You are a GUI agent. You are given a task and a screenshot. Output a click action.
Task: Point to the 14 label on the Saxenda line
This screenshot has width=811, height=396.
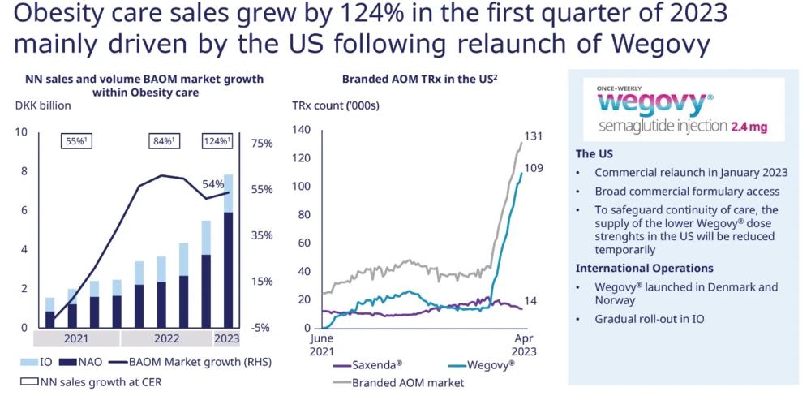532,301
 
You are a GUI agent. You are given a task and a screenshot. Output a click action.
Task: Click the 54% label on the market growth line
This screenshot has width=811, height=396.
212,184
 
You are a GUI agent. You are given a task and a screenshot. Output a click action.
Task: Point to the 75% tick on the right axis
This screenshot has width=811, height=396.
264,144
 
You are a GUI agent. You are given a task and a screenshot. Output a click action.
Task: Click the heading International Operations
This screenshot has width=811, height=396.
644,268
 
